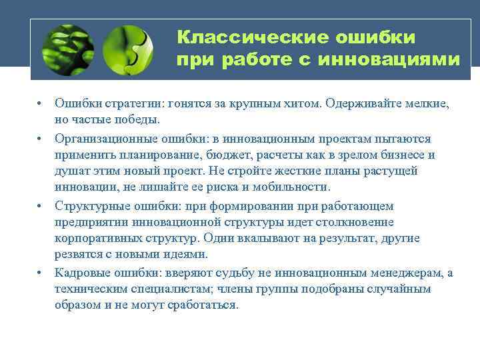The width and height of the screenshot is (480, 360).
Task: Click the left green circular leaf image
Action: [67, 50]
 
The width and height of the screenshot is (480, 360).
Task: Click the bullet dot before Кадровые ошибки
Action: [41, 272]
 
